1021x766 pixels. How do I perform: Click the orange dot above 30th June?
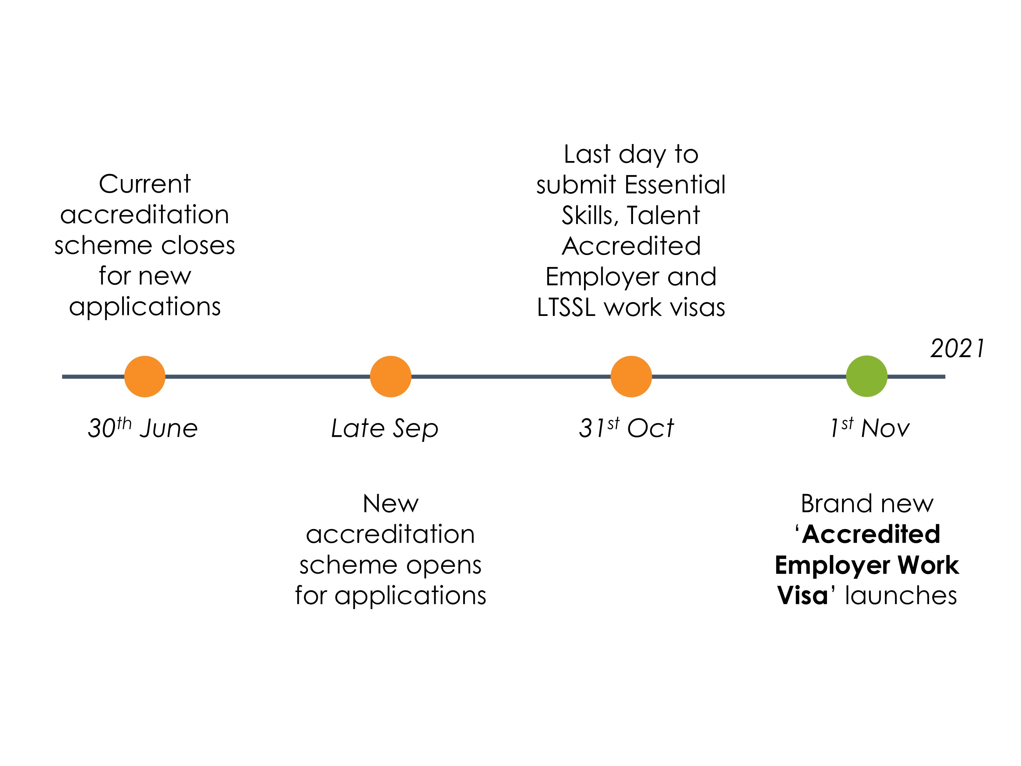point(145,376)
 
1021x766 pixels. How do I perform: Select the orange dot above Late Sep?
point(390,376)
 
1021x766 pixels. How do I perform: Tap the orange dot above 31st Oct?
point(631,376)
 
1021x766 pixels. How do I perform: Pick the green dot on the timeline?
point(866,376)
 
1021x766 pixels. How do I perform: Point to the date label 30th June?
point(143,428)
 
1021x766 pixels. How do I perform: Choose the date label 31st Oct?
point(626,428)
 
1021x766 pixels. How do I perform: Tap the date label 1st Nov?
point(869,428)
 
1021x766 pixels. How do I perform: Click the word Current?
point(145,184)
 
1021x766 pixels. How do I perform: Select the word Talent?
point(663,215)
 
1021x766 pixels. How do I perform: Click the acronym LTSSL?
point(566,307)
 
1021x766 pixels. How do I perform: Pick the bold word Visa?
point(802,595)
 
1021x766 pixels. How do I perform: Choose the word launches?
point(901,595)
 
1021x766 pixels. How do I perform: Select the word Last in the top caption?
point(587,154)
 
